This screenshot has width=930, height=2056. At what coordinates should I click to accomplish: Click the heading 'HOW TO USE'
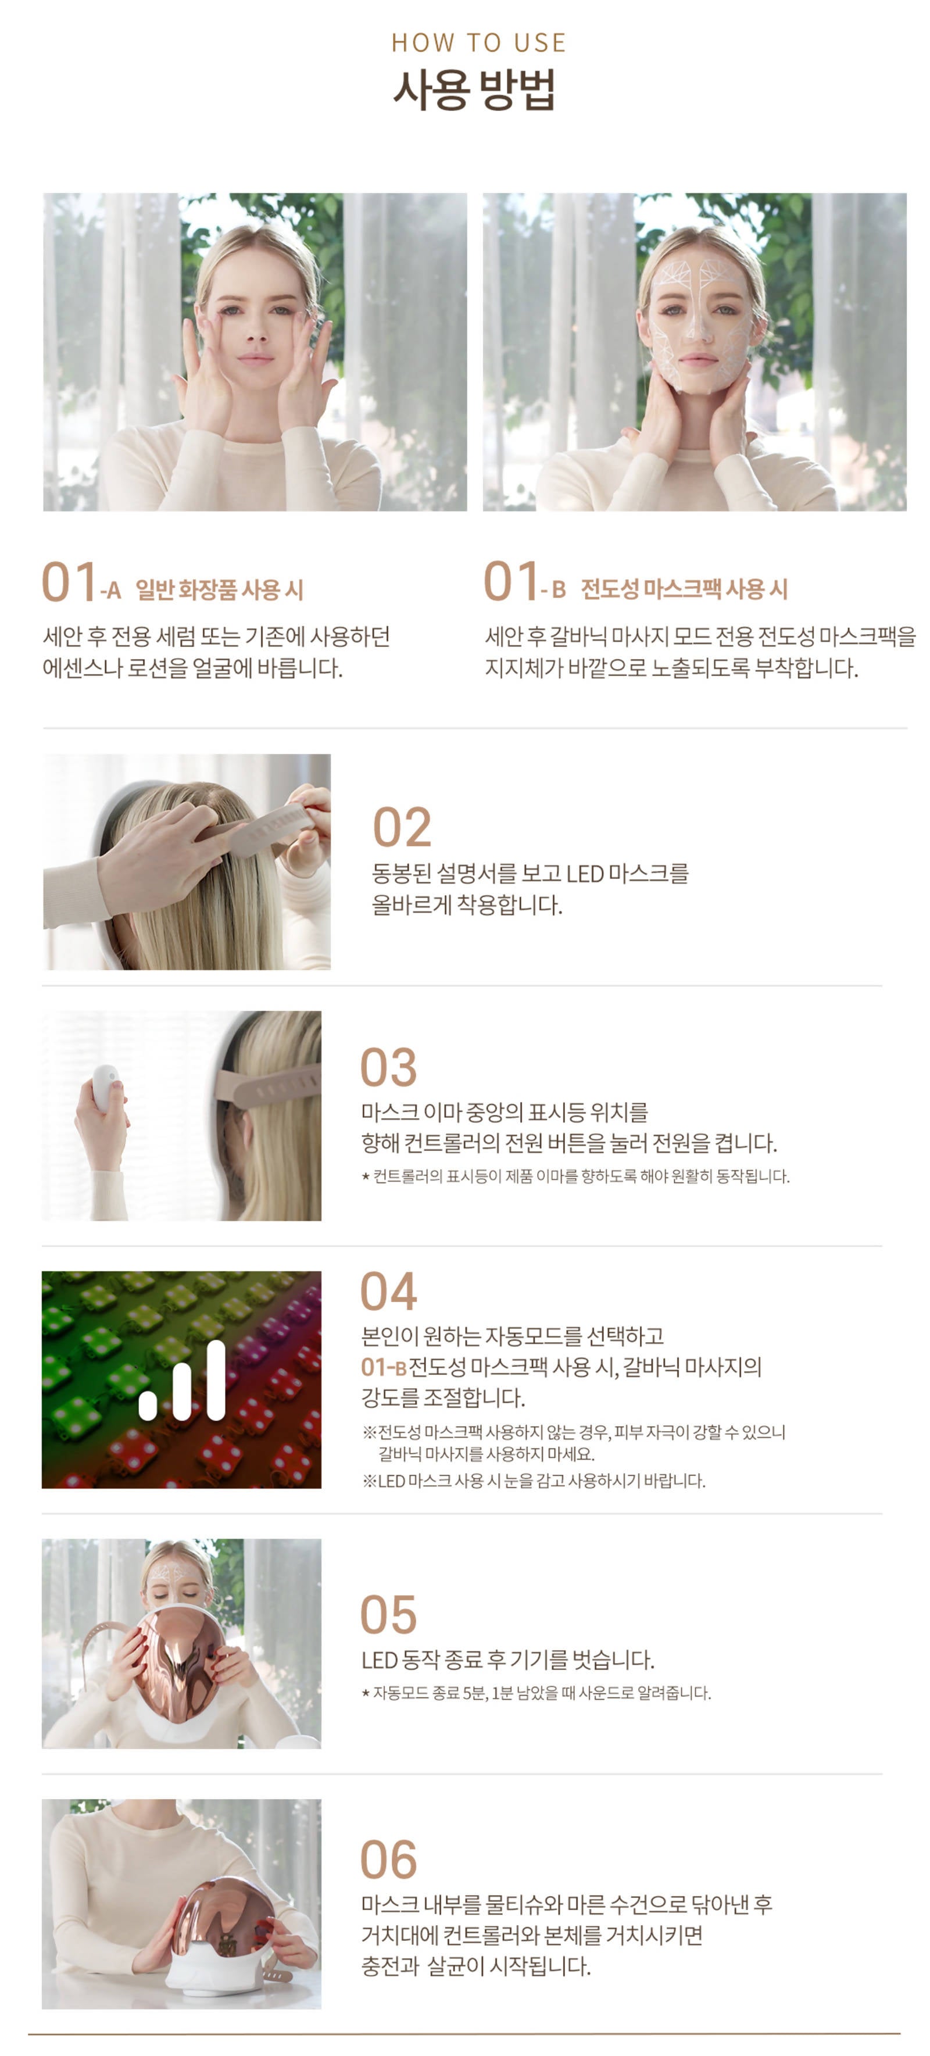pyautogui.click(x=478, y=42)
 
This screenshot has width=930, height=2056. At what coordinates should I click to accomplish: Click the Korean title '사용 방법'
pyautogui.click(x=474, y=90)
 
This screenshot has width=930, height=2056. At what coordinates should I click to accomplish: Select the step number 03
pyautogui.click(x=389, y=1067)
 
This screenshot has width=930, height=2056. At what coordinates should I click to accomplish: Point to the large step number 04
pyautogui.click(x=389, y=1292)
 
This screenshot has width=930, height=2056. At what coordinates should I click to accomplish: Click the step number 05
pyautogui.click(x=389, y=1615)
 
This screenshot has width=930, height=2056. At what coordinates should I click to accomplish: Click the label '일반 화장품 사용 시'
pyautogui.click(x=220, y=590)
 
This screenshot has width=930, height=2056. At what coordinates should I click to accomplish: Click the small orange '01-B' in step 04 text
pyautogui.click(x=384, y=1367)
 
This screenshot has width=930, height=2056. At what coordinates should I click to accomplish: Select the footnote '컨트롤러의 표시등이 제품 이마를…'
pyautogui.click(x=575, y=1177)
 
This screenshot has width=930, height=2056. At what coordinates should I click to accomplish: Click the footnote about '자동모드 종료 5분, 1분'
pyautogui.click(x=536, y=1693)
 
